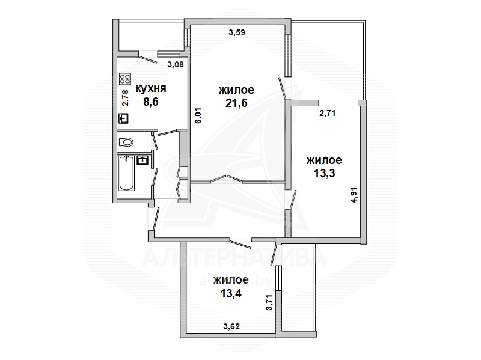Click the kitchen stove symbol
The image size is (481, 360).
(x=125, y=79)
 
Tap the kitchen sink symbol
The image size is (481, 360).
(x=123, y=118)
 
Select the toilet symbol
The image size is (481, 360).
(x=126, y=142)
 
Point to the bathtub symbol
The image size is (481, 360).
(x=126, y=173)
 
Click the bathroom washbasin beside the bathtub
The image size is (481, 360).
(x=143, y=160)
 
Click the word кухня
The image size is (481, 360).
(x=151, y=88)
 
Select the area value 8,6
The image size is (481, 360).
(x=151, y=102)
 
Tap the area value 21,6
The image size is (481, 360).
(x=236, y=103)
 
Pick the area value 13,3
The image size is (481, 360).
(x=324, y=174)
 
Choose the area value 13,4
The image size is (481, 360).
(x=231, y=293)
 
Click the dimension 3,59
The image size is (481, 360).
(x=237, y=32)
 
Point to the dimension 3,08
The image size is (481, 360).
(x=176, y=64)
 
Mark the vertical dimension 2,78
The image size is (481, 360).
(x=126, y=98)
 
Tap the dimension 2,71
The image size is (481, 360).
(x=328, y=114)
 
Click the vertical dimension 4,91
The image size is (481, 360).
(x=354, y=195)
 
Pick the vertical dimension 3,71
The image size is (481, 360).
(x=269, y=303)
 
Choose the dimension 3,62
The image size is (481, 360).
(x=231, y=326)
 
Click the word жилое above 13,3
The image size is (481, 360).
(x=324, y=160)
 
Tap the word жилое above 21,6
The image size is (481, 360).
(x=236, y=90)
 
